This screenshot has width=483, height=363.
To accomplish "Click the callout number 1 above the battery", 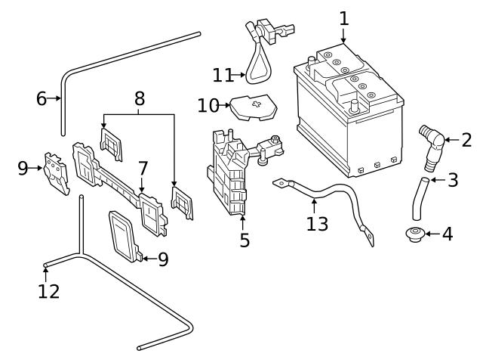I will (x=344, y=17).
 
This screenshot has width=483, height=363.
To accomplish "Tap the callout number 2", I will (x=466, y=139).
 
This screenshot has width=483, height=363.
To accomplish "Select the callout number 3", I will (x=453, y=180).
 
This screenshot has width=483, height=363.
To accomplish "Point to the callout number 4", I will (x=448, y=234).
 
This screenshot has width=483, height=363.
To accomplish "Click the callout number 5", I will (x=245, y=241).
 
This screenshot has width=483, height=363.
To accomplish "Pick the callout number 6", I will (x=41, y=98).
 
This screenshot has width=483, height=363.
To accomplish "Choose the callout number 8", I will (x=139, y=98).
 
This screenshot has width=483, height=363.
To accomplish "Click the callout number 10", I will (x=208, y=105).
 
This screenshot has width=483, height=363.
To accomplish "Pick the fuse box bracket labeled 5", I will (x=232, y=174).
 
